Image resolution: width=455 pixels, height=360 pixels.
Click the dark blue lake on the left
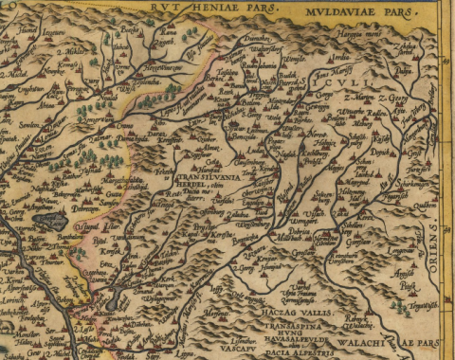click(x=47, y=221)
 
